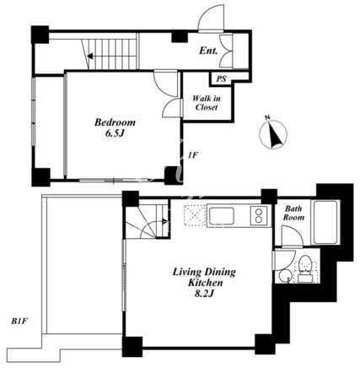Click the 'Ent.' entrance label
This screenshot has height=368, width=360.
click(208, 51)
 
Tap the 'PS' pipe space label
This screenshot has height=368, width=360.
click(221, 79)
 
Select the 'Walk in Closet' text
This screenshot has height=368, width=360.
click(207, 103)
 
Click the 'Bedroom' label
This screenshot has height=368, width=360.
click(115, 122)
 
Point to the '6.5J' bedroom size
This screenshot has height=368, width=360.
click(115, 133)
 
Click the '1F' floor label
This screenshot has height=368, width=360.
click(192, 155)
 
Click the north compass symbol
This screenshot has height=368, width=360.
click(273, 133)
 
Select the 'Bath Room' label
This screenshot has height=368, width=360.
click(293, 213)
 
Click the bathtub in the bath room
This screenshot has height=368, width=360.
click(325, 222)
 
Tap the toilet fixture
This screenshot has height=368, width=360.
click(305, 269)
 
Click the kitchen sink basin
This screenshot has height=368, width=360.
click(222, 216)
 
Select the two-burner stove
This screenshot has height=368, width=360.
click(259, 216)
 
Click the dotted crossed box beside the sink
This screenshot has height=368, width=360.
click(195, 215)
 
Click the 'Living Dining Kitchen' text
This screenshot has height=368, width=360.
click(204, 278)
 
